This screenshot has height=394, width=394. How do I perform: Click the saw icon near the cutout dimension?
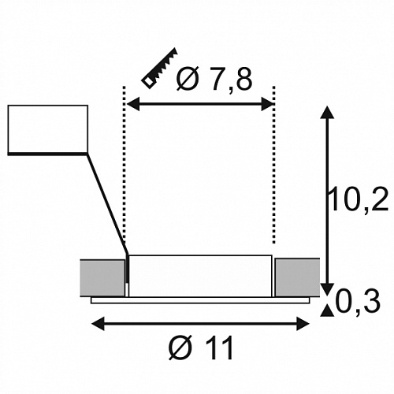[x=160, y=69]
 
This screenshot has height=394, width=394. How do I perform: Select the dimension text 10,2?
[x=359, y=199]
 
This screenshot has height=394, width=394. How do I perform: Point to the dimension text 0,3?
[x=358, y=301]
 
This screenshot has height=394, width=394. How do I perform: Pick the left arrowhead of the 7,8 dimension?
[x=133, y=105]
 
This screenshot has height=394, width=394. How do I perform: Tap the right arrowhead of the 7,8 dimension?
[x=267, y=105]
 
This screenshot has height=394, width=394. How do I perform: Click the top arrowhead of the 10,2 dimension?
[x=327, y=113]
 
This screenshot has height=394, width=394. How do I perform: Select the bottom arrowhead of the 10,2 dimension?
[x=327, y=290]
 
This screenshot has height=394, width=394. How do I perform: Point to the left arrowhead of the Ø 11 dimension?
[x=98, y=323]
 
